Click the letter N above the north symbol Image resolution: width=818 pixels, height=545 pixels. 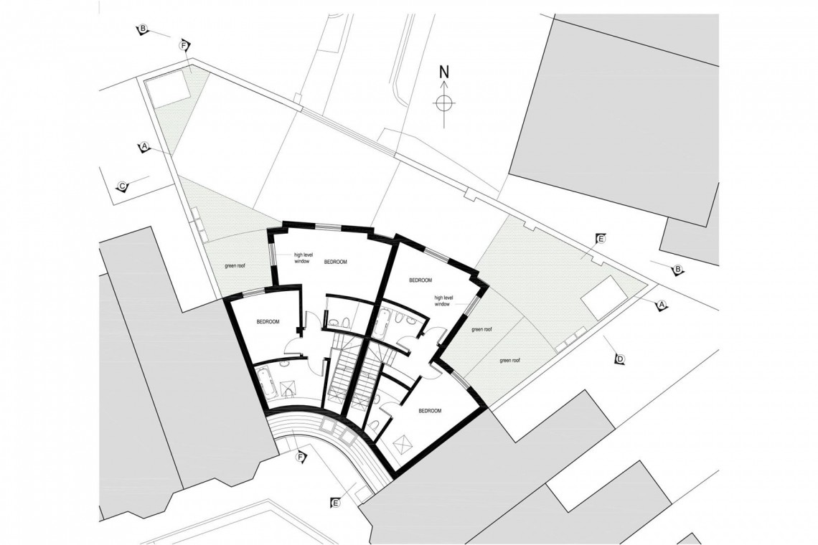[444, 72]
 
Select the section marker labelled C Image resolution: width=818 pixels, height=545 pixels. [122, 186]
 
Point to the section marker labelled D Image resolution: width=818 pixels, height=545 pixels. [621, 359]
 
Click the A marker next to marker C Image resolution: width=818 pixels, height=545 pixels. [144, 147]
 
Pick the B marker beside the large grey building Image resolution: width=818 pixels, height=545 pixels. [676, 269]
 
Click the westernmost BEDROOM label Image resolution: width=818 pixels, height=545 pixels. [267, 322]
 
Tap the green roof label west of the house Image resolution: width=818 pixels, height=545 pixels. [235, 266]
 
